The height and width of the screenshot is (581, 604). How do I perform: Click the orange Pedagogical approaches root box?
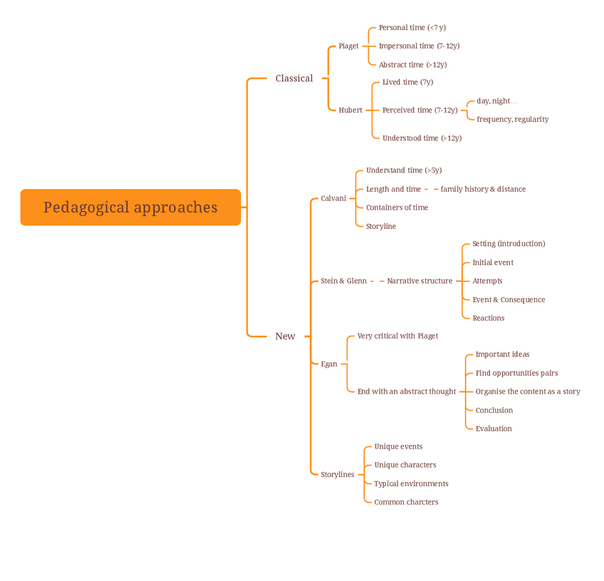[130, 207]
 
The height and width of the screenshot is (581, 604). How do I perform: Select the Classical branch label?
[294, 78]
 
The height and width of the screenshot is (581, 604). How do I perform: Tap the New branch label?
[285, 336]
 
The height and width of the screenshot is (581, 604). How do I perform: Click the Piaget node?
[348, 46]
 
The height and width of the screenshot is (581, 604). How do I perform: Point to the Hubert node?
[350, 110]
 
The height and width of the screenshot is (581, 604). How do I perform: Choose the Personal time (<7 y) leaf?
[412, 28]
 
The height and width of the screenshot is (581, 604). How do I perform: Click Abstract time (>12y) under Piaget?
[412, 65]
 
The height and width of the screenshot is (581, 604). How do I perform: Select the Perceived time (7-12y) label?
[420, 110]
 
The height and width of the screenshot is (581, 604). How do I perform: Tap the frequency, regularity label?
[512, 119]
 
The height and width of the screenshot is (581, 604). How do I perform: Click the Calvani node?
[333, 198]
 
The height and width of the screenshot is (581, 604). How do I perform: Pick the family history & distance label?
[483, 189]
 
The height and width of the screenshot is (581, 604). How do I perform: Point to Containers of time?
[397, 207]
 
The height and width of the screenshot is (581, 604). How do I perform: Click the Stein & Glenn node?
[343, 281]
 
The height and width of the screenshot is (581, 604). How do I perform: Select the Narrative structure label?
[420, 281]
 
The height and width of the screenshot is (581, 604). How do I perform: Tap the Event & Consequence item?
[509, 299]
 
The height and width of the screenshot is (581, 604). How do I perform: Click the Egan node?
[329, 364]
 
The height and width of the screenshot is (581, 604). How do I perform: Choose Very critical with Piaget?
[397, 336]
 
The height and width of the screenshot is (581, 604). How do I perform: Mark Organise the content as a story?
[528, 391]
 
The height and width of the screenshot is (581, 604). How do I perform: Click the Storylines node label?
[337, 474]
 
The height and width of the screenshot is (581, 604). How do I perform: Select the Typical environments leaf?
[411, 483]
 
